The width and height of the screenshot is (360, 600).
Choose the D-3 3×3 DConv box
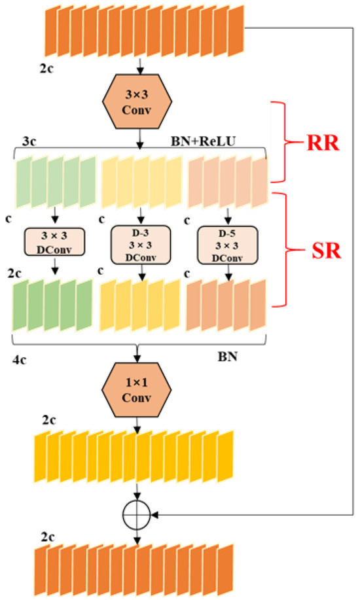[140, 244]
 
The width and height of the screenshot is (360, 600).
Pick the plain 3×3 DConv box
[56, 241]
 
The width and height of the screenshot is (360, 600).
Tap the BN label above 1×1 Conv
[226, 359]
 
